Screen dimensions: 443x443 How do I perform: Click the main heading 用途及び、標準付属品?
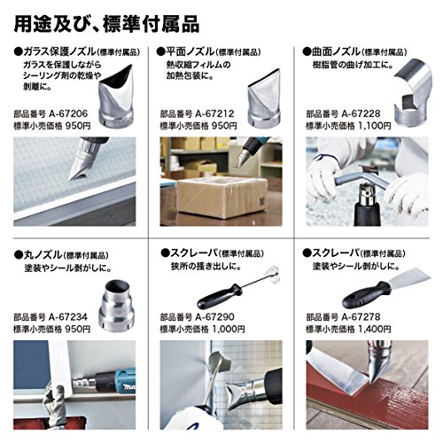click(x=106, y=24)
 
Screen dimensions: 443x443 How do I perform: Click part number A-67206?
click(x=68, y=113)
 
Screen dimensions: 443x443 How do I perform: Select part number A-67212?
click(x=214, y=113)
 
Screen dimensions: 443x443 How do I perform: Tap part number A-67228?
click(x=361, y=113)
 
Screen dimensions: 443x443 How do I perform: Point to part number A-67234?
click(x=68, y=317)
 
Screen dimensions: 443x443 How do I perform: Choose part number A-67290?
click(x=214, y=317)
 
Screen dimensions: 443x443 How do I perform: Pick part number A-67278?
click(x=361, y=317)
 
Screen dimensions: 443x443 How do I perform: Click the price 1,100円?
click(x=375, y=126)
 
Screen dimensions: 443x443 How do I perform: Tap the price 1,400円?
click(x=375, y=329)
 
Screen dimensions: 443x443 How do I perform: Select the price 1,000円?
click(x=229, y=329)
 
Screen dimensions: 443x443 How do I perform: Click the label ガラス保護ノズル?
click(x=60, y=52)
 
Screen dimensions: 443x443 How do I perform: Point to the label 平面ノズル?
click(x=190, y=52)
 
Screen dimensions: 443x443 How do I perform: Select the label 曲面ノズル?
click(x=336, y=52)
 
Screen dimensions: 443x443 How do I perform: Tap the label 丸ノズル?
click(x=43, y=255)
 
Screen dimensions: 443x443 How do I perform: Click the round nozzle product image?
click(x=116, y=306)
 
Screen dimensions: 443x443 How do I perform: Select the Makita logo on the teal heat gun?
click(x=128, y=386)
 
